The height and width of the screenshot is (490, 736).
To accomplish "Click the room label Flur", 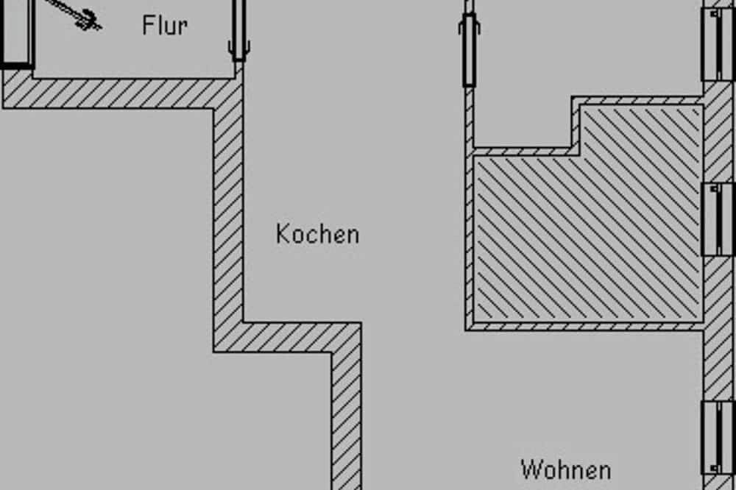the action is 165,25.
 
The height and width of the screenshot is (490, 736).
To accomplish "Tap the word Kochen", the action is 318,234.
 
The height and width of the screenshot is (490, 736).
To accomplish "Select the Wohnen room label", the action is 566,470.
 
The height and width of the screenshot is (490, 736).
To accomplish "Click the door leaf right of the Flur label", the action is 239,29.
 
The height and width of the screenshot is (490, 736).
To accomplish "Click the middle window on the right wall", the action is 718,219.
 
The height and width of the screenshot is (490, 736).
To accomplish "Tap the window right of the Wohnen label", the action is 718,438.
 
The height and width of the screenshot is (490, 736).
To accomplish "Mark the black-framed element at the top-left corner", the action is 17,33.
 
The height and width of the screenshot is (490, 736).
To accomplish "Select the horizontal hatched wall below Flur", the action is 122,94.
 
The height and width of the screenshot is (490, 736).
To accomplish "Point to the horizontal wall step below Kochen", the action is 287,337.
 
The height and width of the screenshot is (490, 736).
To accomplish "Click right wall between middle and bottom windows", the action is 718,329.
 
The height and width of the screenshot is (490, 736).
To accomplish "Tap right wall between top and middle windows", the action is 718,132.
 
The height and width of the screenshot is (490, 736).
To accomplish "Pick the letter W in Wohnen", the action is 531,470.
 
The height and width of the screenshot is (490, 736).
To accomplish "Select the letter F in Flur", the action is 149,25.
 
